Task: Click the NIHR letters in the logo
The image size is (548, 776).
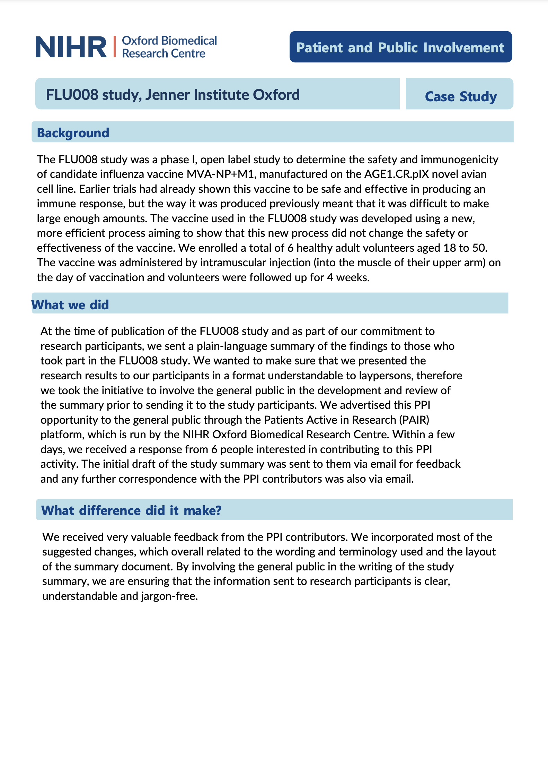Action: tap(71, 47)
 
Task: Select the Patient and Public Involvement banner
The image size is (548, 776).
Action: tap(400, 47)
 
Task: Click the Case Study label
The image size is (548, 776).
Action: tap(460, 96)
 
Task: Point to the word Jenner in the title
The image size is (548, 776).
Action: tap(167, 95)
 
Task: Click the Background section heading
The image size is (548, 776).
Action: tap(73, 133)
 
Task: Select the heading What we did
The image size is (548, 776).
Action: tap(70, 305)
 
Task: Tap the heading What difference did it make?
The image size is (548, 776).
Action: tap(131, 510)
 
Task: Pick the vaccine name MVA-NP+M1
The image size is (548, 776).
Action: tap(220, 174)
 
